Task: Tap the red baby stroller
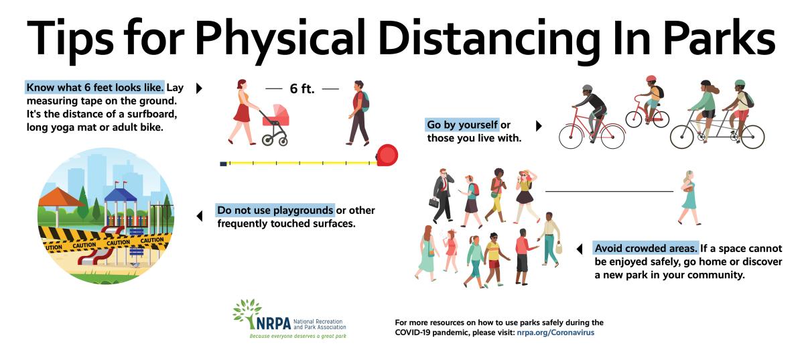pyautogui.click(x=275, y=124)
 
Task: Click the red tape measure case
pyautogui.click(x=387, y=156)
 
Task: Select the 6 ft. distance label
pyautogui.click(x=302, y=88)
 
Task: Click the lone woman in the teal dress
pyautogui.click(x=689, y=198)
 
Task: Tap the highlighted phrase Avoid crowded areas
pyautogui.click(x=645, y=248)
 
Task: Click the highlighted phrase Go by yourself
pyautogui.click(x=462, y=125)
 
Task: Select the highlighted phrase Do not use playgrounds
pyautogui.click(x=275, y=211)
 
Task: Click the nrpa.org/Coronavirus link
pyautogui.click(x=555, y=333)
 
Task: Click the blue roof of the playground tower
pyautogui.click(x=121, y=194)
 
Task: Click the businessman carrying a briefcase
pyautogui.click(x=442, y=195)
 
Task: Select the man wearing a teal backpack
pyautogui.click(x=359, y=113)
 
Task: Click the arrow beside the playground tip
pyautogui.click(x=200, y=216)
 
